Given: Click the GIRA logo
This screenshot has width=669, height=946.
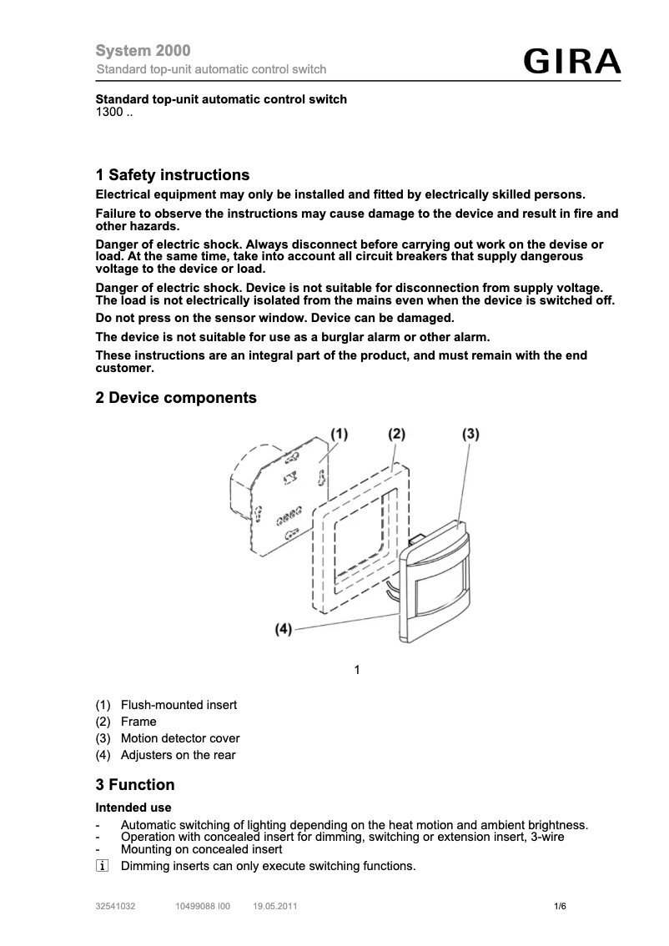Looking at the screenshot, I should [x=572, y=63].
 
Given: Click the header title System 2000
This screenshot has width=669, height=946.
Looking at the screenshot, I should [x=143, y=52].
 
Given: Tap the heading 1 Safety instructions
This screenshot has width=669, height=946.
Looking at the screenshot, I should [x=173, y=175].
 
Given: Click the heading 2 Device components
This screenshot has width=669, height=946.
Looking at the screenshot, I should [x=176, y=398].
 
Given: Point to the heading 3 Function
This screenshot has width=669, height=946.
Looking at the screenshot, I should [x=135, y=785].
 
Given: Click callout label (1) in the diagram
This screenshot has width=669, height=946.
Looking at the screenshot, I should [x=339, y=434].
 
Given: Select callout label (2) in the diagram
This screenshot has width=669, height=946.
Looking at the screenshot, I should [x=396, y=434].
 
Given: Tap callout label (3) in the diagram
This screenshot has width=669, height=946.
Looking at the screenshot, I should [x=470, y=434].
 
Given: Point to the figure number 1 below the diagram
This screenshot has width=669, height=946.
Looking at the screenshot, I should [x=357, y=670].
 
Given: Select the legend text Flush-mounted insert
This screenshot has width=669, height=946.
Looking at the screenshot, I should [x=179, y=705].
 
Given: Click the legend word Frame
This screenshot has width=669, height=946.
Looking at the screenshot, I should [x=138, y=722].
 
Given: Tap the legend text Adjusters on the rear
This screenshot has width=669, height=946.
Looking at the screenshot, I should [x=178, y=755].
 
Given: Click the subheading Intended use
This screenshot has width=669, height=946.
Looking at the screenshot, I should [x=133, y=808].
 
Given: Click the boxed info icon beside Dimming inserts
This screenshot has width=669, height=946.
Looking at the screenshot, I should [x=102, y=867].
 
